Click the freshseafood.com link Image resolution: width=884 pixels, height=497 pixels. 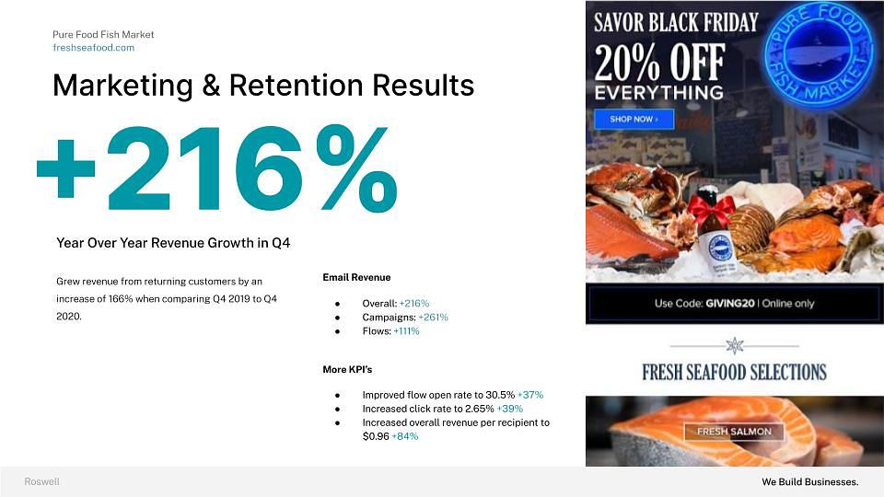pyautogui.click(x=94, y=48)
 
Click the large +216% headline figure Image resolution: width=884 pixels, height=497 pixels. pyautogui.click(x=217, y=169)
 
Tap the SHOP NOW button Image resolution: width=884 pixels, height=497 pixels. pyautogui.click(x=634, y=120)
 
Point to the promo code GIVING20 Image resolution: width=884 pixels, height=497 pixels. pyautogui.click(x=729, y=303)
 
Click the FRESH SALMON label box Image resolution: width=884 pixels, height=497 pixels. pyautogui.click(x=734, y=432)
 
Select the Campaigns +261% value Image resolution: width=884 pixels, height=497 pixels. pyautogui.click(x=433, y=318)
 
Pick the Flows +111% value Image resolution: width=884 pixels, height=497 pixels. pyautogui.click(x=406, y=331)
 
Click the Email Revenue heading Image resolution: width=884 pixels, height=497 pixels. pyautogui.click(x=356, y=277)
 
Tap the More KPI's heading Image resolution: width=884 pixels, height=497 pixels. pyautogui.click(x=347, y=370)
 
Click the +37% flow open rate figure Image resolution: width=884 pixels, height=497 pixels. pyautogui.click(x=530, y=395)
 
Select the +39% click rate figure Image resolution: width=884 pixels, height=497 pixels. pyautogui.click(x=509, y=409)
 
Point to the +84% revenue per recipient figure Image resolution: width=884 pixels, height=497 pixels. pyautogui.click(x=405, y=436)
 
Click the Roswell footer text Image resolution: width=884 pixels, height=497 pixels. pyautogui.click(x=41, y=481)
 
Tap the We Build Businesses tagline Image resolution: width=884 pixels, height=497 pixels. pyautogui.click(x=810, y=481)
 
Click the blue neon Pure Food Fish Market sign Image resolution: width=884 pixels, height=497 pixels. pyautogui.click(x=820, y=54)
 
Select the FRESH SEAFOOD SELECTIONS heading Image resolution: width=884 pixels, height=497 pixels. pyautogui.click(x=734, y=373)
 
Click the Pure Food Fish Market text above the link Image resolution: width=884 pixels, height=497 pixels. pyautogui.click(x=103, y=34)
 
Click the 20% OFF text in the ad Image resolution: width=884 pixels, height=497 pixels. pyautogui.click(x=659, y=63)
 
